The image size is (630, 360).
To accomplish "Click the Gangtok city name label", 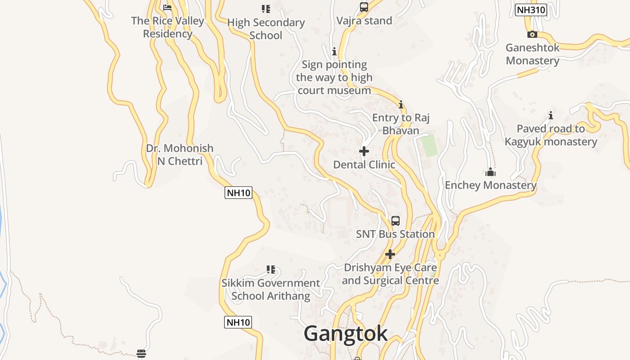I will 346,333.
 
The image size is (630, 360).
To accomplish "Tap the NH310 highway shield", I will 531,10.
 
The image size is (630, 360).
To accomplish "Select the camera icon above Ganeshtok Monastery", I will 532,34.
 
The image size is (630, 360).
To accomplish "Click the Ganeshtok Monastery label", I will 532,54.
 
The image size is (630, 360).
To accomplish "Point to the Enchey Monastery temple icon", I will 490,172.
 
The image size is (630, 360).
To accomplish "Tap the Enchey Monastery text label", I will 490,185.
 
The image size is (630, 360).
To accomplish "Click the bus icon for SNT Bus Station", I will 396,220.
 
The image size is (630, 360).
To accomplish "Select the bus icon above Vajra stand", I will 364,7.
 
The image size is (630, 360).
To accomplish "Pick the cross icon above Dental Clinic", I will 364,151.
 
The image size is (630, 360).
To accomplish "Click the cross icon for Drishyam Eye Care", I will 390,254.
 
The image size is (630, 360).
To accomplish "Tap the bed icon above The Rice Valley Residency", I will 167,8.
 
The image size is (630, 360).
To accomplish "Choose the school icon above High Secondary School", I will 265,9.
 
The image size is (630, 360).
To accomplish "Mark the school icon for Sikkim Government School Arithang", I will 270,270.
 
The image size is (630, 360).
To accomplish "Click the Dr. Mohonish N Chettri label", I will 180,154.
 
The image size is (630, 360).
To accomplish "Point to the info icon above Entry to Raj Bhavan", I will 401,105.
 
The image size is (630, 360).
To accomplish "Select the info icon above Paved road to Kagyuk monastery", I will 550,115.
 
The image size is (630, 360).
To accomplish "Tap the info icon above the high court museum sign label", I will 334,52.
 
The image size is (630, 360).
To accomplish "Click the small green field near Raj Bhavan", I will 429,145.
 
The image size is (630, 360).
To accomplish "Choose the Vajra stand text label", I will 364,21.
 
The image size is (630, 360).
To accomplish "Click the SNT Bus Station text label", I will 395,234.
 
